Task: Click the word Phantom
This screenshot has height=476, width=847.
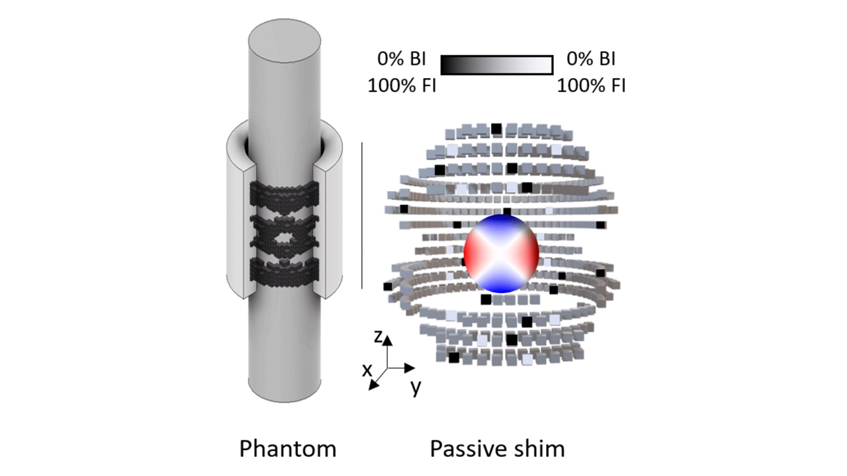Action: point(287,449)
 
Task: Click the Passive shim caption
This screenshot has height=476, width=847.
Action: point(497,449)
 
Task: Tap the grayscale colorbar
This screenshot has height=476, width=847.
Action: point(496,65)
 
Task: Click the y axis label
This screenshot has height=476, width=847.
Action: point(416,387)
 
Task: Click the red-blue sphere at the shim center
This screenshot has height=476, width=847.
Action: point(502,253)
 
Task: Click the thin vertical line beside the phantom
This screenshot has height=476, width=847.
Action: point(362,215)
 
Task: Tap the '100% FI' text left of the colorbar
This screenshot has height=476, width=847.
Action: point(402,85)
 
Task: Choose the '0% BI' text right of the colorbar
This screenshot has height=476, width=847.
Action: point(591,59)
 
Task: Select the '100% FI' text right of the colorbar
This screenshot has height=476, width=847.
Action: point(591,85)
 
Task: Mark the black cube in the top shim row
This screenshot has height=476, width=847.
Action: point(496,128)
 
